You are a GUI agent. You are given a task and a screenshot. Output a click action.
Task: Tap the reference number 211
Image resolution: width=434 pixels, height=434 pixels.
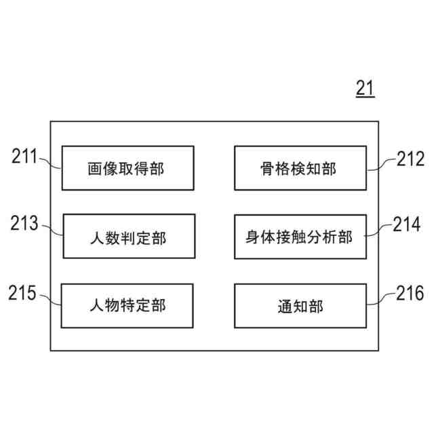coord(25,157)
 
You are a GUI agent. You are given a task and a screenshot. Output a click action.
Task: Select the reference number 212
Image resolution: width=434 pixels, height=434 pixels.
coord(410,159)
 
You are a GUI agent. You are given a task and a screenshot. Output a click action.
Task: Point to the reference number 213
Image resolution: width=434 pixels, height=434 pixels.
coord(25,224)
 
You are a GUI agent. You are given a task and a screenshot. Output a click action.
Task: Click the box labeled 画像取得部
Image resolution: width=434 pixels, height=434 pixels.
coord(127,168)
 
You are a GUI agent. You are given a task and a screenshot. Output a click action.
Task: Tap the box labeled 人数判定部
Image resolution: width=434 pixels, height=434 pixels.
coord(129,236)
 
